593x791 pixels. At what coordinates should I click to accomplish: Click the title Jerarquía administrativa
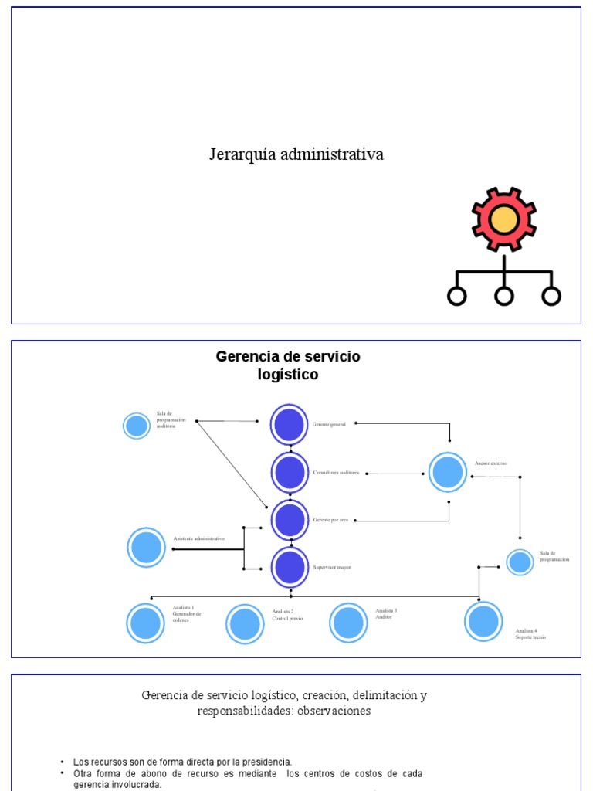(296, 154)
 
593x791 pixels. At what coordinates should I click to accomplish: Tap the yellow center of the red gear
(504, 219)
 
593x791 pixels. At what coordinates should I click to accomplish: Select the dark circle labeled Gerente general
(290, 424)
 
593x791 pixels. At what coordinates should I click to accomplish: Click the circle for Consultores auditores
(290, 472)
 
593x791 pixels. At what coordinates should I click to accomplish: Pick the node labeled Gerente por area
(290, 520)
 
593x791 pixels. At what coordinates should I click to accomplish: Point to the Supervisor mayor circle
(290, 567)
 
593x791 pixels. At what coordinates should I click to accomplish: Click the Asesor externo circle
(448, 472)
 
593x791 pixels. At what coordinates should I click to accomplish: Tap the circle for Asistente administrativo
(146, 548)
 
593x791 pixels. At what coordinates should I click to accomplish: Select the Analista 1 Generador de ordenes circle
(145, 623)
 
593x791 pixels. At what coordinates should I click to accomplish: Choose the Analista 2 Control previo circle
(245, 623)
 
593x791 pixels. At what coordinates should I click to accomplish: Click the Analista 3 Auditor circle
(348, 623)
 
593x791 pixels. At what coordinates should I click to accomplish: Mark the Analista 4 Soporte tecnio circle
(483, 621)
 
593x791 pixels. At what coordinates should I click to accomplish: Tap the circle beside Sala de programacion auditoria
(137, 426)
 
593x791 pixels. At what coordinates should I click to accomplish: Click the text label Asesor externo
(490, 463)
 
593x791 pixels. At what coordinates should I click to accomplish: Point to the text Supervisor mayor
(332, 568)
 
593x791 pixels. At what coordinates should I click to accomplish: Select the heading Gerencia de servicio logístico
(287, 365)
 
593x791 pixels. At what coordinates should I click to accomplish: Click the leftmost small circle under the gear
(457, 296)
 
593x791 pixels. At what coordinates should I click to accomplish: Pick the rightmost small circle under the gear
(551, 296)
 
